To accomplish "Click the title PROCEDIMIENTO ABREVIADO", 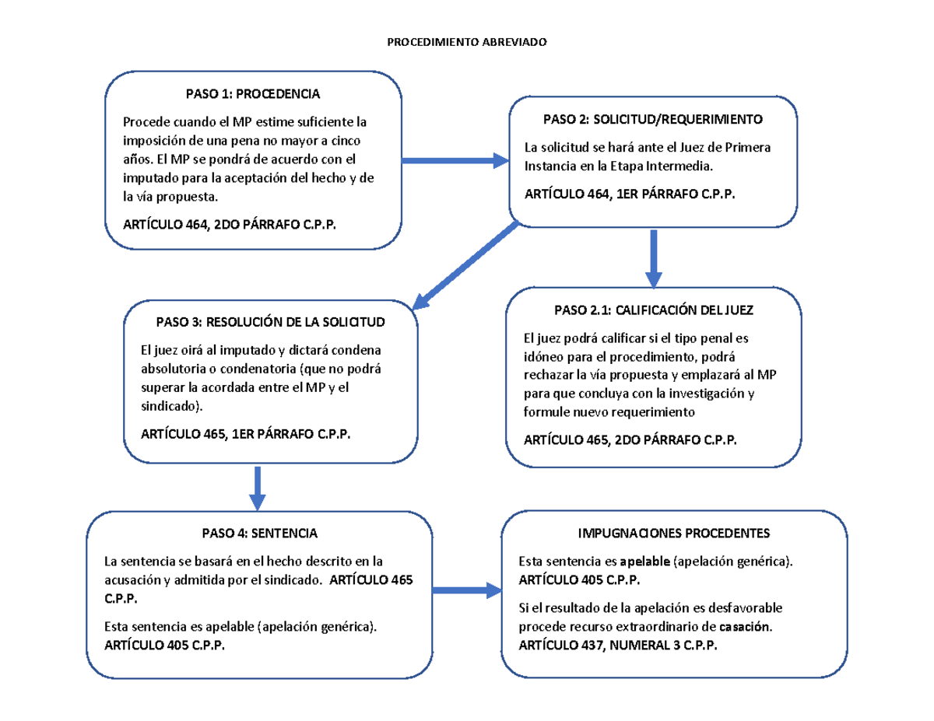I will tap(467, 42).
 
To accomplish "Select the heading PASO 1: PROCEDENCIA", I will tap(252, 94).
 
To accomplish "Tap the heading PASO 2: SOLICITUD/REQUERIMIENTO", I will tap(652, 120).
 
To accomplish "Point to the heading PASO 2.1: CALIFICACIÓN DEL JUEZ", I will tap(654, 310).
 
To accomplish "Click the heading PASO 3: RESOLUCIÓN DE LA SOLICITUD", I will tap(270, 322).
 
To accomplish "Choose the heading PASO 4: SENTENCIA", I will tap(259, 534).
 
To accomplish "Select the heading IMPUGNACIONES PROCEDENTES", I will tap(673, 534).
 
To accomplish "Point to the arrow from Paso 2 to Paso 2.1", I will tap(654, 257).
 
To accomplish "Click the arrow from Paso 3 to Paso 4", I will tap(258, 486).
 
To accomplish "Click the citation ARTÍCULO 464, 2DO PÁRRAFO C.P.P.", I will tap(232, 225).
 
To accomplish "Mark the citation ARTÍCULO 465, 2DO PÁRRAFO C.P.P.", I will tap(630, 440).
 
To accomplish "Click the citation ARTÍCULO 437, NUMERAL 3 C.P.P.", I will tap(619, 646).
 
